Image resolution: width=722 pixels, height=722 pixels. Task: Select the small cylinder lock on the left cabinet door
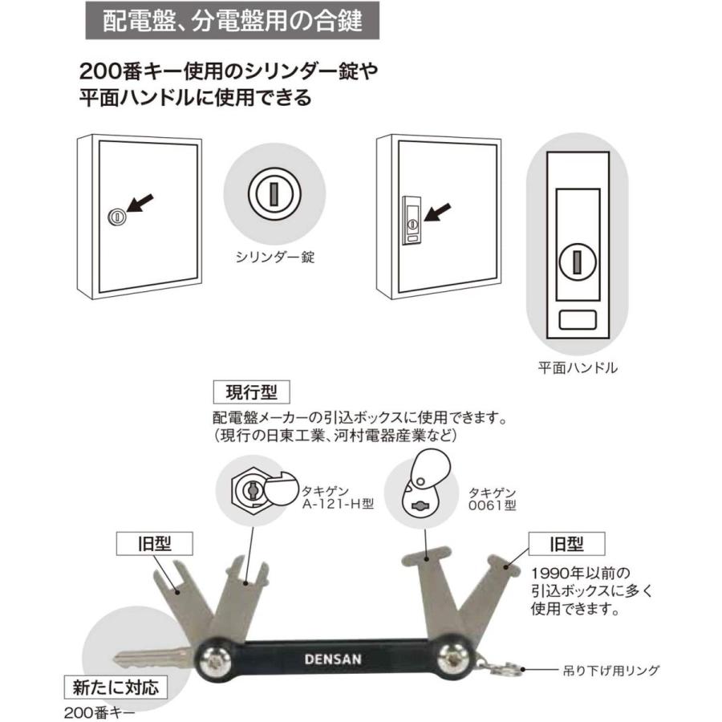coord(116,216)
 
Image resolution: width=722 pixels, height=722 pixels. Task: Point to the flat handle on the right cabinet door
coord(410,218)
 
